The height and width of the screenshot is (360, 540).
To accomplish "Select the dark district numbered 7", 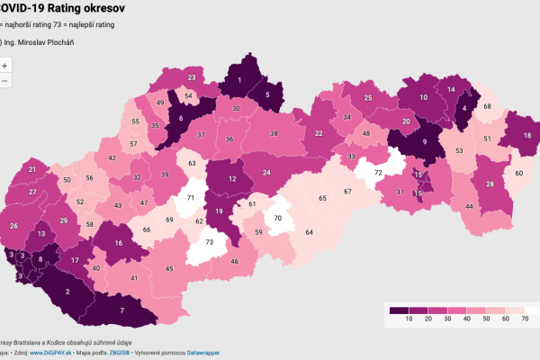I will (122, 311).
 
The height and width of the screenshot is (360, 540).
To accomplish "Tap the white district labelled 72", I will (378, 172).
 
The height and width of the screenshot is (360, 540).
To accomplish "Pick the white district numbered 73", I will (210, 242).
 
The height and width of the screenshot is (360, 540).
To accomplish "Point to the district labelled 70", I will (278, 219).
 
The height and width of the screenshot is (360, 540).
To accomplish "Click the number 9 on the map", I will (424, 141).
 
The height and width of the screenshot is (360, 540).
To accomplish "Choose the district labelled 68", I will (487, 107).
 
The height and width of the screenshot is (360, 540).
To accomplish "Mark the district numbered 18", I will (527, 136).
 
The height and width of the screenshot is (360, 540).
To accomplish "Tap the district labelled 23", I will (193, 78).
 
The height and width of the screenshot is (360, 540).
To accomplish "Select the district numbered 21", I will (32, 169).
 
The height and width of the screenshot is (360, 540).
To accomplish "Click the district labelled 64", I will (309, 233).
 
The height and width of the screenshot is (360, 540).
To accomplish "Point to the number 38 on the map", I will (274, 134).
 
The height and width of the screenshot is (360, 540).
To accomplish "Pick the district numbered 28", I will (490, 184).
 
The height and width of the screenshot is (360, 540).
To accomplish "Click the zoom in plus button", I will (4, 66).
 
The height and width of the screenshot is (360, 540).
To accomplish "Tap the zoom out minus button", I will (4, 81).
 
